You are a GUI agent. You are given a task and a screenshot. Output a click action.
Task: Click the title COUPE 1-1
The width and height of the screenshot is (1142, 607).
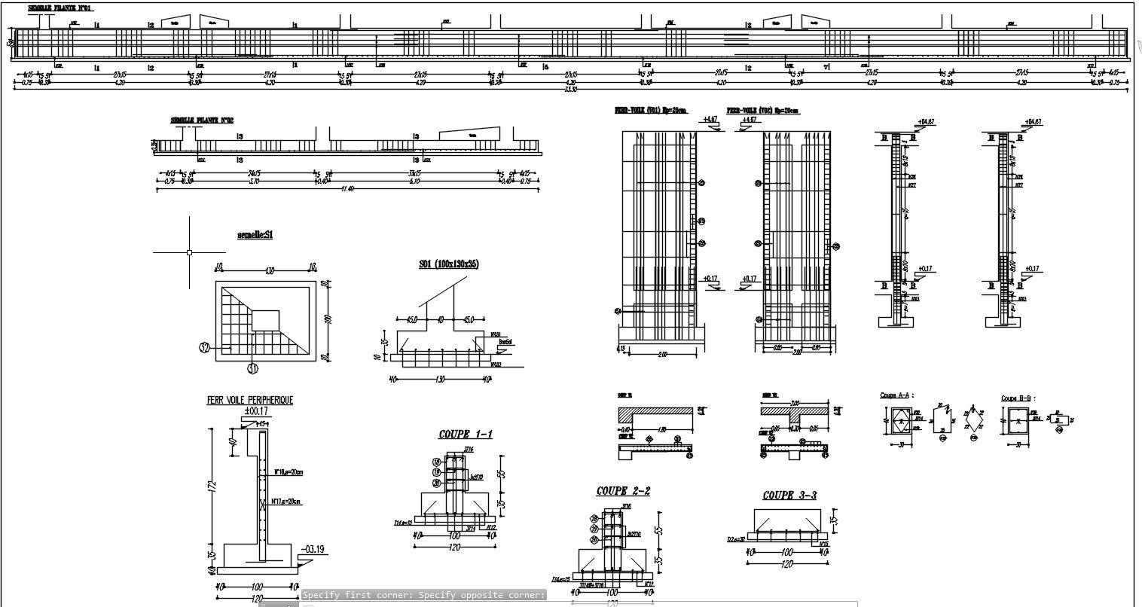point(466,435)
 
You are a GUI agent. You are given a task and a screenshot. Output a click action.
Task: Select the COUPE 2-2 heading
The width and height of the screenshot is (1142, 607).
point(623,491)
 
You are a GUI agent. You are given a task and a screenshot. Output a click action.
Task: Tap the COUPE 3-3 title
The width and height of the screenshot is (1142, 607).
point(789,495)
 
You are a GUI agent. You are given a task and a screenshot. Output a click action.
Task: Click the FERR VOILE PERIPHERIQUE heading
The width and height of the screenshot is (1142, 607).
point(249,401)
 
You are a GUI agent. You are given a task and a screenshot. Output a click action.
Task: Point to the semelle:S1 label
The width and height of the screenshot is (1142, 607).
point(255,235)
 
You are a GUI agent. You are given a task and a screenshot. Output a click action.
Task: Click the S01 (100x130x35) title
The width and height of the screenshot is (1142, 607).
point(449,264)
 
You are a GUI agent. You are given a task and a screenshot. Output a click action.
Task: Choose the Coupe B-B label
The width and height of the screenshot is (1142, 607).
point(1016,398)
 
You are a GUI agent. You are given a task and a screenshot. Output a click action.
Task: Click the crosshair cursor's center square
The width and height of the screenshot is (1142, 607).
point(189,252)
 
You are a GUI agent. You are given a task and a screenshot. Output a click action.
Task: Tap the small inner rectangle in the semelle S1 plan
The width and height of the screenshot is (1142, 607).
point(265,320)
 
